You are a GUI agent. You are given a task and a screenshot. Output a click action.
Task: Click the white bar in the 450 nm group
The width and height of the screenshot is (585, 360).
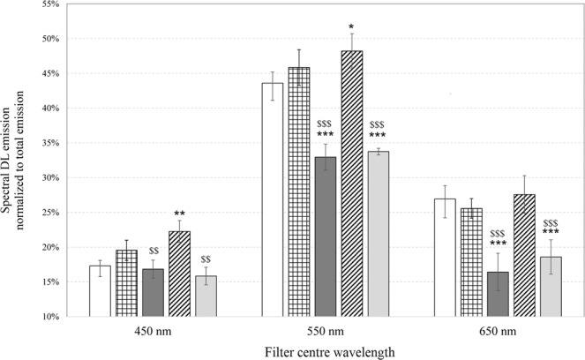[100, 290]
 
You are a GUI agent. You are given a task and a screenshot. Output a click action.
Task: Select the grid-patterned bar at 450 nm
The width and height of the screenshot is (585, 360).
[126, 283]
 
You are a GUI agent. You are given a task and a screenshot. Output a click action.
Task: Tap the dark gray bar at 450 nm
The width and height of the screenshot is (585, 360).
[153, 292]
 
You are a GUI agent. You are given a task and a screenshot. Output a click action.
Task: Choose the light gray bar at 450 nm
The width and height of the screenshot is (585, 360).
[206, 296]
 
